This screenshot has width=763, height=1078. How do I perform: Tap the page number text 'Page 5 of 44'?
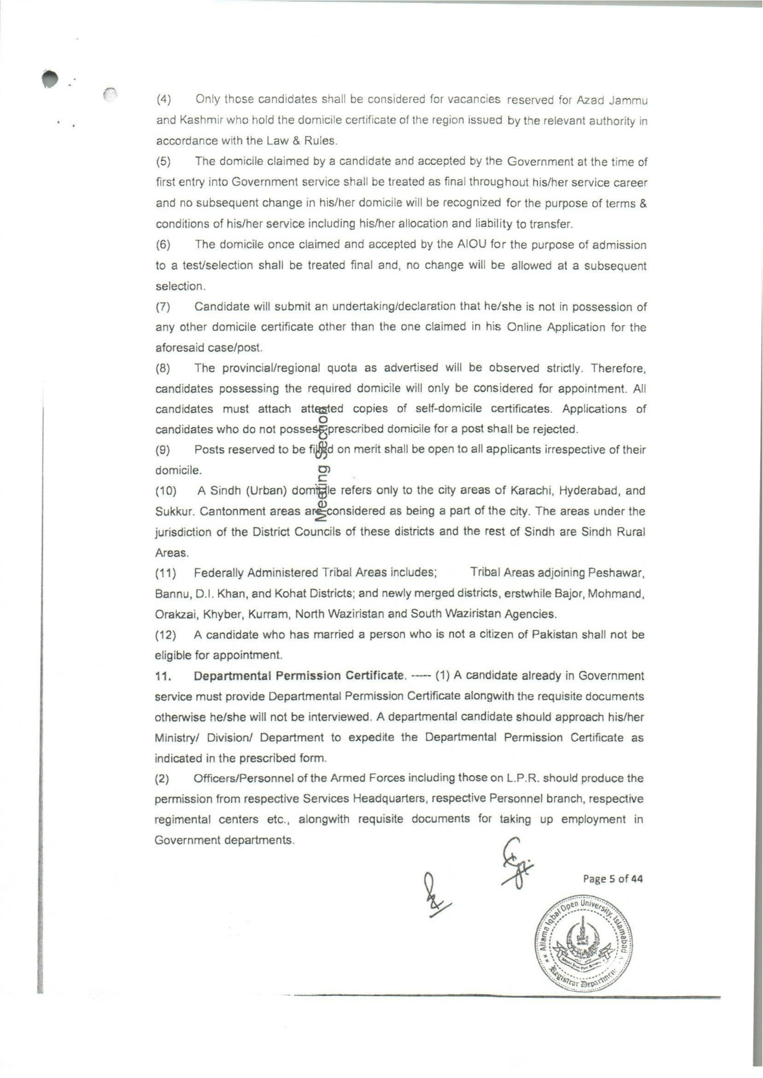[613, 879]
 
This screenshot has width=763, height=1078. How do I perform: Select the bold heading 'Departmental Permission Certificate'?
[299, 676]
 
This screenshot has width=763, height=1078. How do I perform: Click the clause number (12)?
[165, 634]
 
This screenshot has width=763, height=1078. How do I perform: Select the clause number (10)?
[166, 491]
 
